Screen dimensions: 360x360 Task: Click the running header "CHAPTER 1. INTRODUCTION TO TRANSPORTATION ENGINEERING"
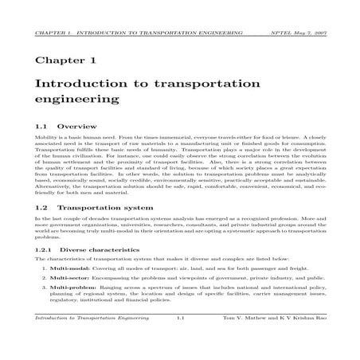(x=132, y=33)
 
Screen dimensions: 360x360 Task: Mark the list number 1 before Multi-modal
(x=43, y=269)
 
